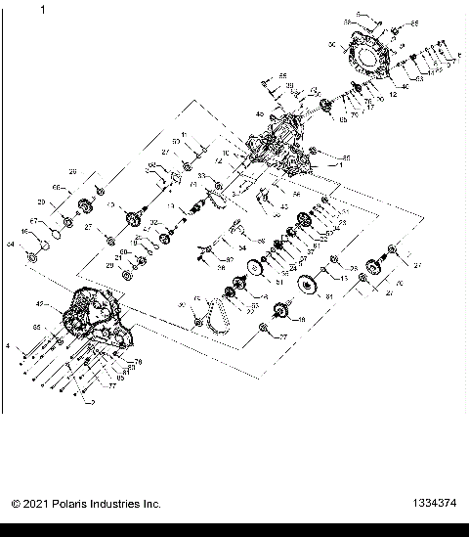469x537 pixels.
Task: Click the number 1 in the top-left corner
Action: point(43,11)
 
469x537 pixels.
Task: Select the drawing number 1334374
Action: point(433,504)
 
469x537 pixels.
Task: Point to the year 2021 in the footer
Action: point(36,504)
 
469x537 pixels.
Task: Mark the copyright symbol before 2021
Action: point(16,504)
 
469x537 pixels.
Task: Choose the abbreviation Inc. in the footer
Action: point(153,504)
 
